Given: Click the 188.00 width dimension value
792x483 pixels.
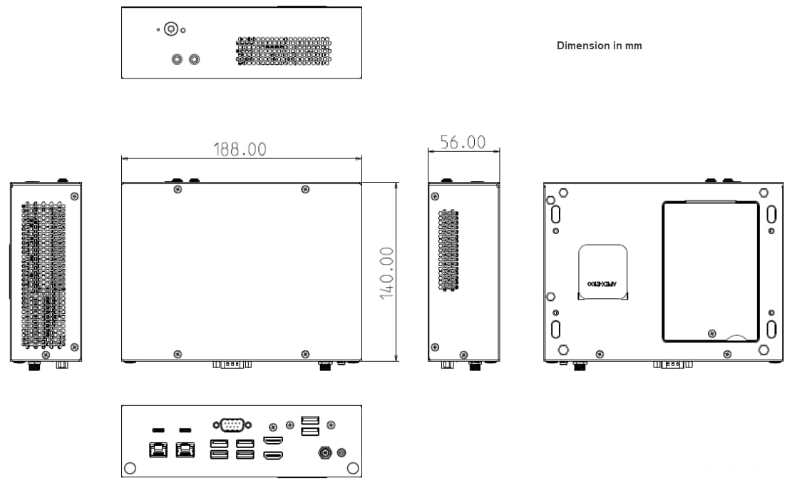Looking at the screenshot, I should coord(240,148).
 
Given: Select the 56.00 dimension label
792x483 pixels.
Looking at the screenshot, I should coord(462,142).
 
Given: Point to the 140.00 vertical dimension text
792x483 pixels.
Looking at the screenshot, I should coord(387,273).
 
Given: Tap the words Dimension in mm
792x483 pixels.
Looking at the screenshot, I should coord(599,45).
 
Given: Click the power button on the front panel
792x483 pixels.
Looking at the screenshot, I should coord(170,29).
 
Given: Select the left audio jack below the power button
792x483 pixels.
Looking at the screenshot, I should coord(178,59).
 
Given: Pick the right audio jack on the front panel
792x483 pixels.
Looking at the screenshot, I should coord(194,59).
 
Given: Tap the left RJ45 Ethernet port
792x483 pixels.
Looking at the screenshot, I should coord(158,449).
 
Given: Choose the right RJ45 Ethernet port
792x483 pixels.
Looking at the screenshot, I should coord(185,449).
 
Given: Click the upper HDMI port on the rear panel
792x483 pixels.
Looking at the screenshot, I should coord(274,440).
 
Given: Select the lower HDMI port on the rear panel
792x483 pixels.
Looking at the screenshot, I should coord(274,455).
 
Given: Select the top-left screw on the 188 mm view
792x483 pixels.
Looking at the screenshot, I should coord(177,189).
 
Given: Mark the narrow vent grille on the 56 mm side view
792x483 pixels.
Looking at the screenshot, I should coord(448,250).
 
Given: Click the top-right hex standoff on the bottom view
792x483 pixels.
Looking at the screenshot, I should coord(763,193).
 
